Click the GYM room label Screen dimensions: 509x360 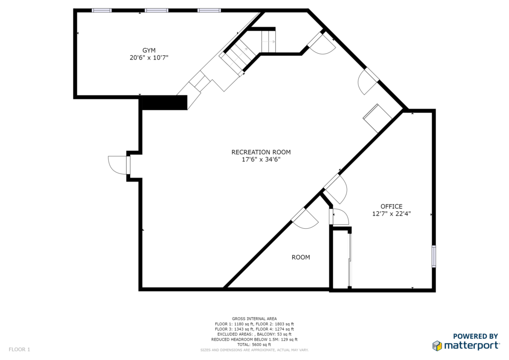point(149,50)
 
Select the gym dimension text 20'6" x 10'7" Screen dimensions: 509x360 point(149,58)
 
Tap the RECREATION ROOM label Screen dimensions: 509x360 point(261,152)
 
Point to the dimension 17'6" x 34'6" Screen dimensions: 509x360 point(261,160)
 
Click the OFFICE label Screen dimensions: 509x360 point(392,206)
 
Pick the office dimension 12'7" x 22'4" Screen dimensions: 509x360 point(392,214)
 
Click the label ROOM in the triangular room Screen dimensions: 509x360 point(301,258)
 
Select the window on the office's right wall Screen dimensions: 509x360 point(433,257)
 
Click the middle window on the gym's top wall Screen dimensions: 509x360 point(157,10)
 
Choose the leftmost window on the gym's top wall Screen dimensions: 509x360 point(102,10)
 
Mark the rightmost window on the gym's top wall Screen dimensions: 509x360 point(209,10)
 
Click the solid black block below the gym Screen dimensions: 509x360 point(165,102)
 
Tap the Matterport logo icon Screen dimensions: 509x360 point(437,346)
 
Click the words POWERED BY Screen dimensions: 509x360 point(475,336)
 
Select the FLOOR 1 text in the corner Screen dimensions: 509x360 point(19,350)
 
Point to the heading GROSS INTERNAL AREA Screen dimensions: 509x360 point(254,319)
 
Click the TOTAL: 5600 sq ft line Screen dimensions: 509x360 point(254,345)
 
